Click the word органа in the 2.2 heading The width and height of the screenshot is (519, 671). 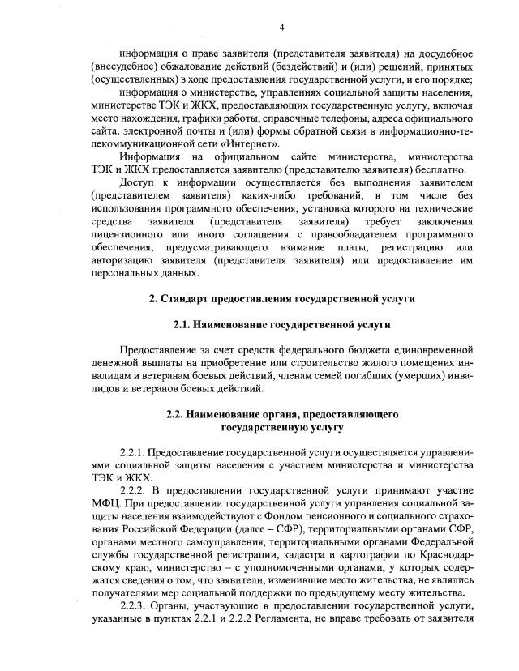pyautogui.click(x=279, y=413)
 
